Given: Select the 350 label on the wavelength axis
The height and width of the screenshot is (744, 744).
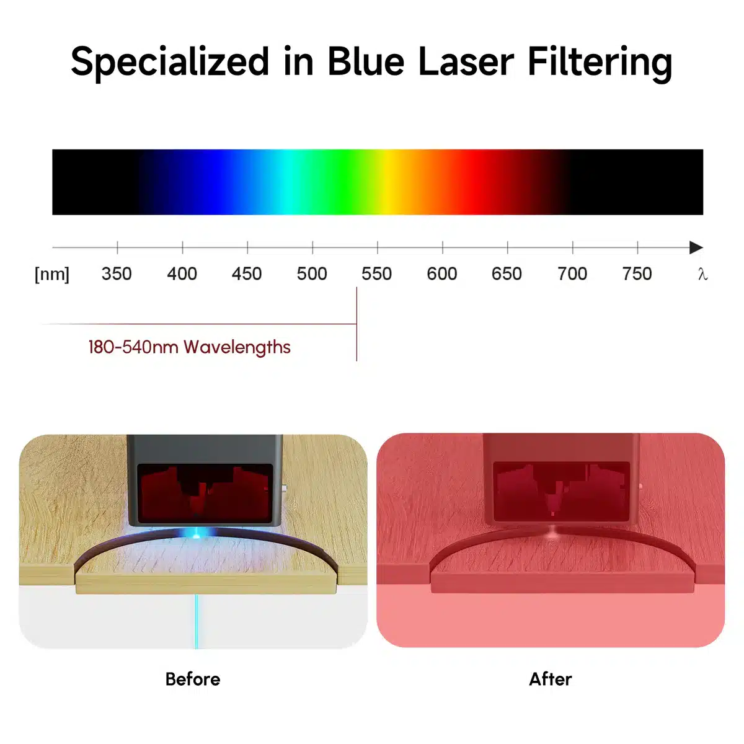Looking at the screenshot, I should (x=117, y=273).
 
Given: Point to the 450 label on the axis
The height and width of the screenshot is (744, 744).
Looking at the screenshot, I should (x=247, y=273).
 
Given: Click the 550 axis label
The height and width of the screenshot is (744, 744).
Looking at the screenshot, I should (x=377, y=273).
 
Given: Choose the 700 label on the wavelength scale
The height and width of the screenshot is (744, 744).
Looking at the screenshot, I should (x=572, y=273).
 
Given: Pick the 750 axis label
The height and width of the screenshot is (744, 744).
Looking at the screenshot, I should (x=637, y=273).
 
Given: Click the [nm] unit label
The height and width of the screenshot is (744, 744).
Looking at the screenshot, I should (x=52, y=273).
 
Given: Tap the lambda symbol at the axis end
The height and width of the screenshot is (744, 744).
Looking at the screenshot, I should (x=702, y=274).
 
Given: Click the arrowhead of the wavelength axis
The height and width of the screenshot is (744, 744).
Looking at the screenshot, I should (x=696, y=247).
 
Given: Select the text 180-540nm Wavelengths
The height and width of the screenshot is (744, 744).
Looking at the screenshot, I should (x=189, y=347).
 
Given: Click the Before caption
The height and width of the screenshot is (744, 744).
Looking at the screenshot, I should (x=193, y=679).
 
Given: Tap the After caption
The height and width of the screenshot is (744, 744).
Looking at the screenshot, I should (x=551, y=679).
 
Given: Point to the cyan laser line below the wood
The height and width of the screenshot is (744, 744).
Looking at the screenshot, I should (x=197, y=620).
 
